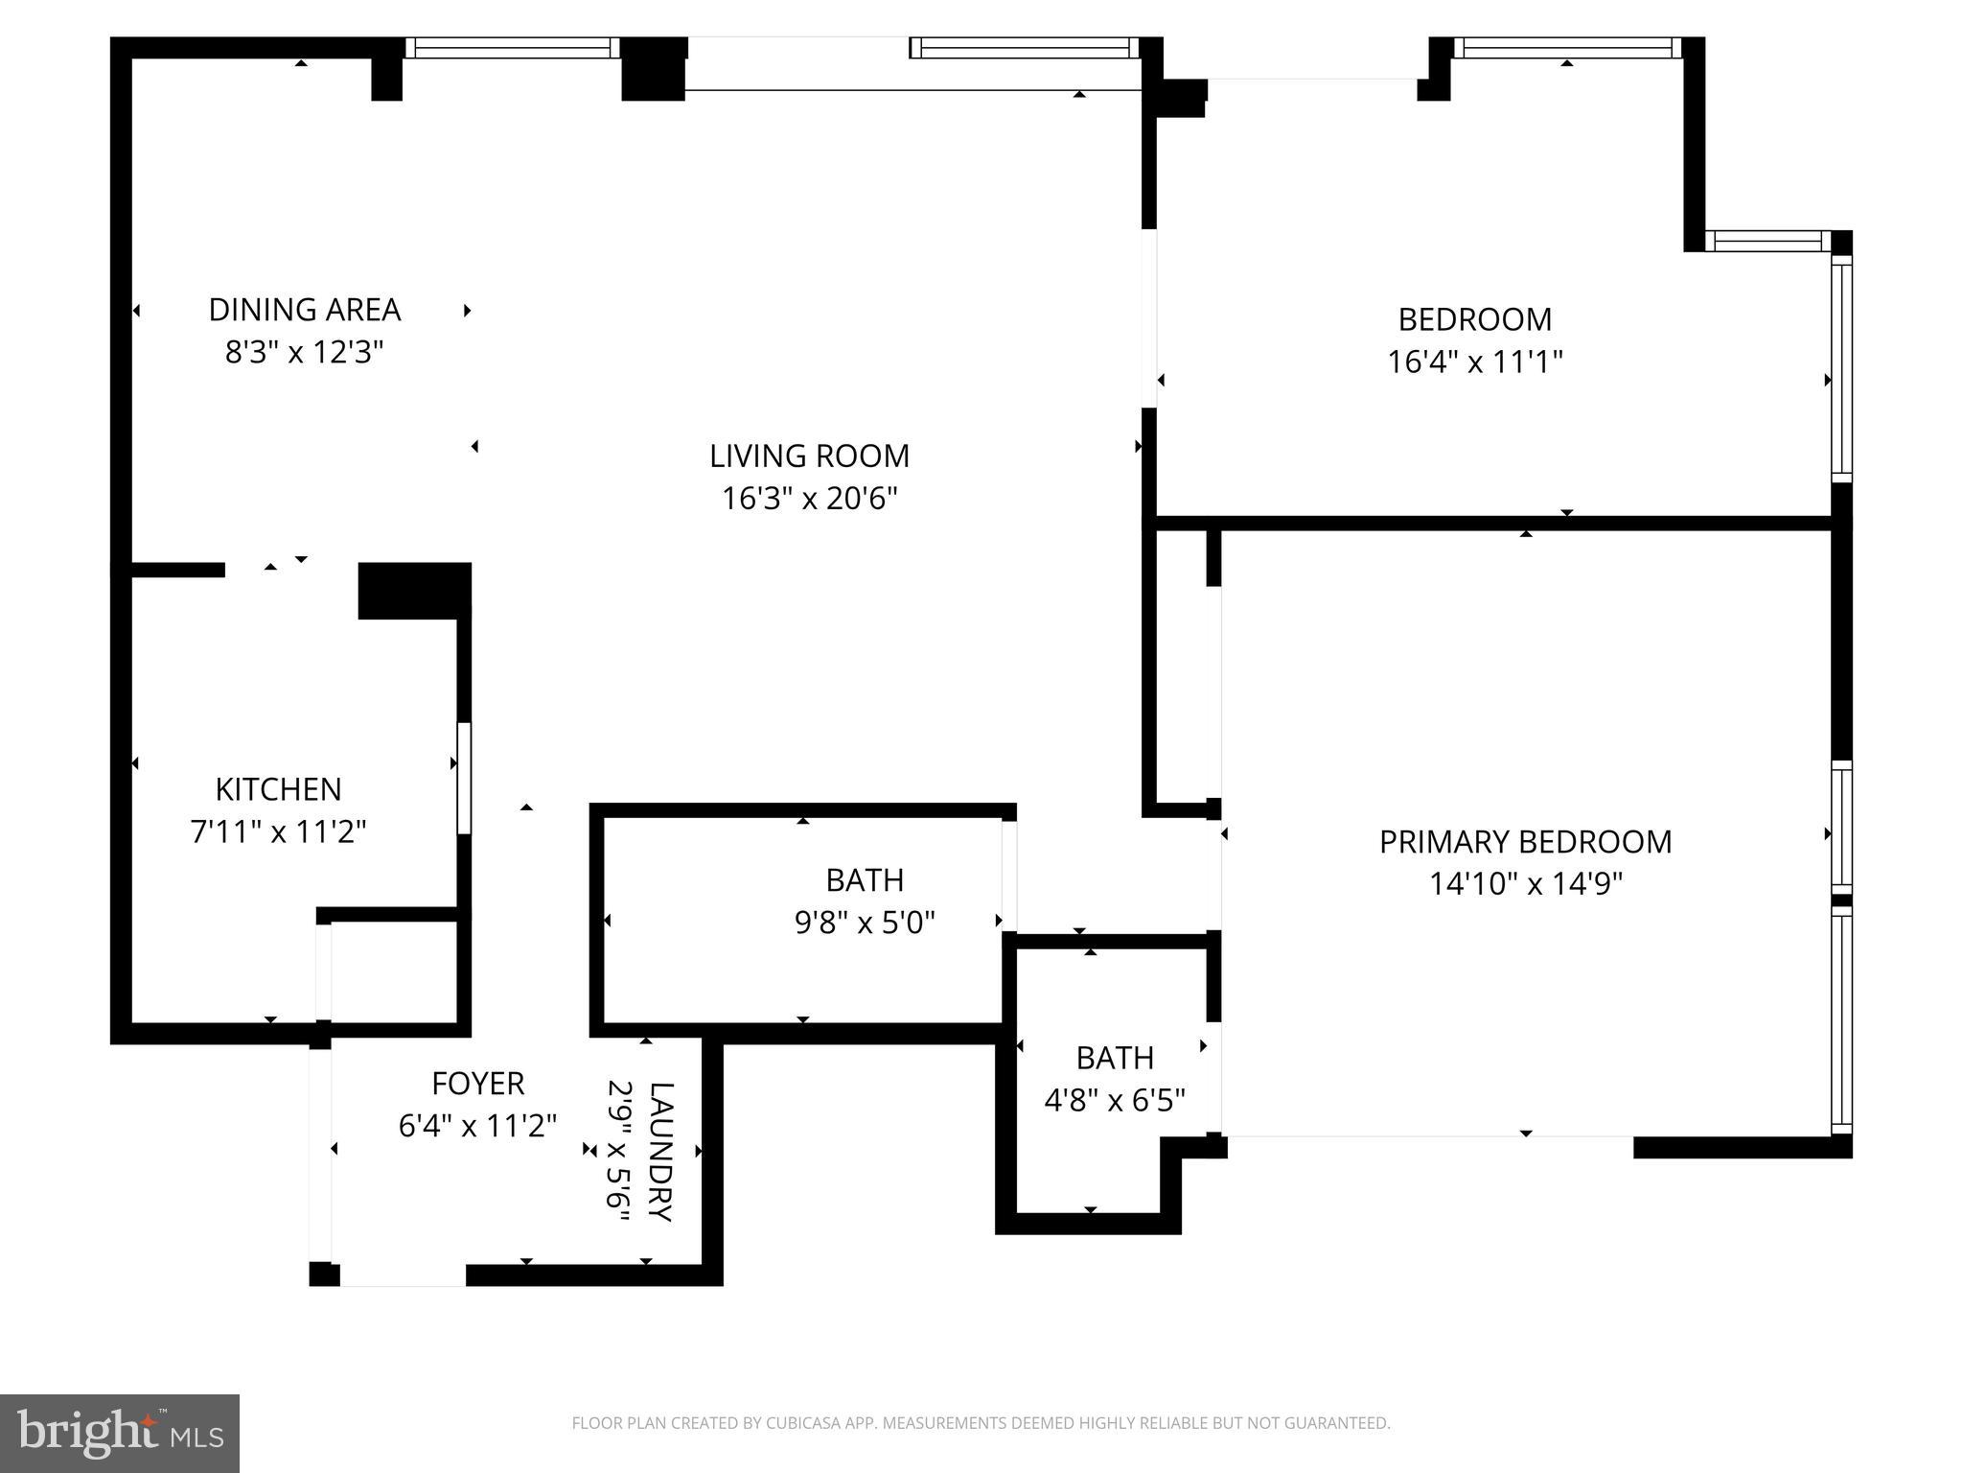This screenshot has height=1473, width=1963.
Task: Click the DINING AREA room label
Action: (x=304, y=310)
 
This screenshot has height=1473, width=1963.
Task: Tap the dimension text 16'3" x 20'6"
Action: (x=809, y=499)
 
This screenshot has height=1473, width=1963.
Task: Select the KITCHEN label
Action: (x=278, y=789)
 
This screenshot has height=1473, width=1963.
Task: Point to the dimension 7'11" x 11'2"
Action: (x=278, y=831)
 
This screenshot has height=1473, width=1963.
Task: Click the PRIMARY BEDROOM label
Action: (x=1525, y=842)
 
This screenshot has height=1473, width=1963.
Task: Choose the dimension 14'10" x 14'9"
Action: (x=1525, y=883)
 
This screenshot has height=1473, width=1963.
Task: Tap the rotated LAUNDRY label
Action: (x=661, y=1151)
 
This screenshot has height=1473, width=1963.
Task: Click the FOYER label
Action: (x=477, y=1084)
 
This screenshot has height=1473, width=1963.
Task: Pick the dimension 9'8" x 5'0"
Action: (x=864, y=923)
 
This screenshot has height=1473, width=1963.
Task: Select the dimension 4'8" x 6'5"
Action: (x=1114, y=1100)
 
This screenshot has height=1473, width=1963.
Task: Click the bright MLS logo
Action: (x=120, y=1434)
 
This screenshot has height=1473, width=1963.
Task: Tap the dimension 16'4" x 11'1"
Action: (x=1474, y=362)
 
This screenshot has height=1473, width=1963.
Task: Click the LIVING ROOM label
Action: (x=809, y=456)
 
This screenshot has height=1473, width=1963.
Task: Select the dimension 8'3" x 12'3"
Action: (x=304, y=353)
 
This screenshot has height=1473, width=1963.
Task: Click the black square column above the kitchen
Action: (x=414, y=590)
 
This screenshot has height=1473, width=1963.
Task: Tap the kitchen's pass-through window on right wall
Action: (x=464, y=778)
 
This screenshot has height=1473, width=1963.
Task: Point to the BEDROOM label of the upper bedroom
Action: (x=1474, y=319)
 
